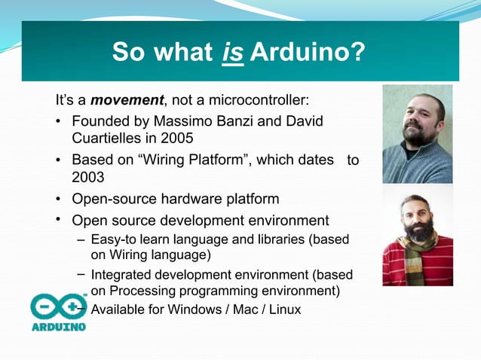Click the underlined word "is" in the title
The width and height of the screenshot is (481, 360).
click(x=233, y=53)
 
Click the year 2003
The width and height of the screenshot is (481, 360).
click(x=87, y=178)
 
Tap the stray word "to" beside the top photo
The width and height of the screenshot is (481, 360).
click(x=353, y=160)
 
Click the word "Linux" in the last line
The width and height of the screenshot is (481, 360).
click(x=283, y=309)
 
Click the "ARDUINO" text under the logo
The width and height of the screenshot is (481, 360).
click(x=58, y=328)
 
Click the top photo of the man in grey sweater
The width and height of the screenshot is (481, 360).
click(x=417, y=133)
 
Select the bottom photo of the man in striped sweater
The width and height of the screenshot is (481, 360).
click(x=417, y=236)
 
